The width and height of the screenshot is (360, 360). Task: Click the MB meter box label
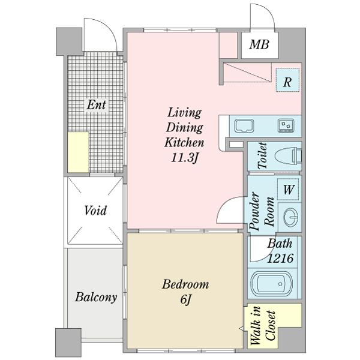(259, 44)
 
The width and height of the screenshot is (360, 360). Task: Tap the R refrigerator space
(287, 80)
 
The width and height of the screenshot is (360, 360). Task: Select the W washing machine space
(289, 190)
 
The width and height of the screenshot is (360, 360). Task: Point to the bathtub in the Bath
(272, 284)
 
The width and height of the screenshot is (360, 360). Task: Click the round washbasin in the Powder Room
(291, 217)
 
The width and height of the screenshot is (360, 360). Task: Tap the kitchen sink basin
(244, 126)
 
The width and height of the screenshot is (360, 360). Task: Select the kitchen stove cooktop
(286, 125)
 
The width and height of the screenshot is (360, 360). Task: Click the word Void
(95, 211)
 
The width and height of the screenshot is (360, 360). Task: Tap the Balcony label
(96, 297)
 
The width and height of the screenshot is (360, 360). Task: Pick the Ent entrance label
(96, 104)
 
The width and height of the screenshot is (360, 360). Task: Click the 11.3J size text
(184, 158)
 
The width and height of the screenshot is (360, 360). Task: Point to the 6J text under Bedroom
(185, 299)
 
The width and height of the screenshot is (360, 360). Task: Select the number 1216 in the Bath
(280, 259)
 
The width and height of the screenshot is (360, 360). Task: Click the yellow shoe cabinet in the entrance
(78, 152)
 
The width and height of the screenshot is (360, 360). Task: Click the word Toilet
(262, 155)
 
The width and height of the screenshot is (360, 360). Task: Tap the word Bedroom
(185, 284)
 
